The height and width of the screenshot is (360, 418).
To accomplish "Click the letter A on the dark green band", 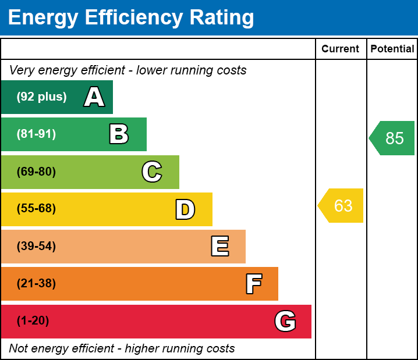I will [94, 97].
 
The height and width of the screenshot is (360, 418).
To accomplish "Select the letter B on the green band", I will [119, 134].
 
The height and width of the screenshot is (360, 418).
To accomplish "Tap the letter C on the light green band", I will [152, 172].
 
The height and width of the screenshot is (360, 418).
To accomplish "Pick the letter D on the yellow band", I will [185, 209].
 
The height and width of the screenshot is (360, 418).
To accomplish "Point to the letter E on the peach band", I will [219, 247].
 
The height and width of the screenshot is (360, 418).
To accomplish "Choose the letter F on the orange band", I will [253, 284].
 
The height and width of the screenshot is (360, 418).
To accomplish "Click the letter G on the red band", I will [285, 321].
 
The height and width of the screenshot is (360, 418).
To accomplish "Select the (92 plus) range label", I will [41, 97].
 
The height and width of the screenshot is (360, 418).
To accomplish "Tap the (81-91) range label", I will [36, 134].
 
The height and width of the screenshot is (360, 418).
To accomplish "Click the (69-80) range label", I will [36, 172].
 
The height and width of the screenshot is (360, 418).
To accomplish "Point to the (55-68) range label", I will [36, 209].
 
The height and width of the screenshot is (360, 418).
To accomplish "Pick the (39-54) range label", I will [36, 247].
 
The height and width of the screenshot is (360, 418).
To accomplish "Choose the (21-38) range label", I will [36, 284].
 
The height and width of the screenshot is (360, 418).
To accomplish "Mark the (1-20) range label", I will [33, 321].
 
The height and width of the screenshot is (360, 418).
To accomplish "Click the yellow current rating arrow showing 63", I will [342, 206].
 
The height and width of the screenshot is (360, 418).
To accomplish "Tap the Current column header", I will [341, 49].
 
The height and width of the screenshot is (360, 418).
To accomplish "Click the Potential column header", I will [392, 49].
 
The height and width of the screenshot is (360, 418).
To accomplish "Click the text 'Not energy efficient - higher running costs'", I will [122, 348].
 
